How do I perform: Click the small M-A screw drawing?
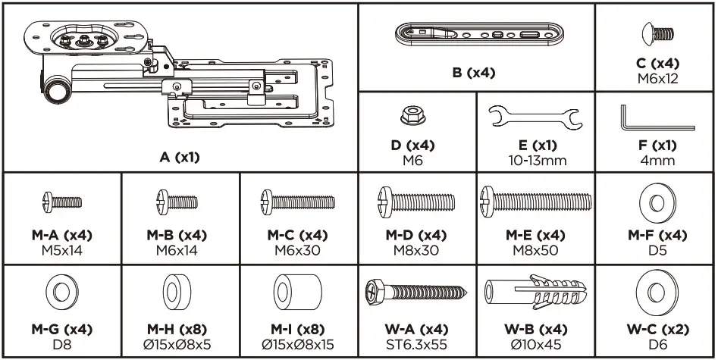click(62, 201)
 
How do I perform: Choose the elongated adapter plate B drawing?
click(476, 36)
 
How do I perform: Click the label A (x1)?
click(180, 158)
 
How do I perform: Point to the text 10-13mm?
click(535, 160)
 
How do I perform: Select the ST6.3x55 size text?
click(415, 344)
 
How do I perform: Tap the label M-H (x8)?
click(180, 330)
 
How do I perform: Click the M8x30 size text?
click(415, 250)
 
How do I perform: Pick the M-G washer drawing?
click(62, 293)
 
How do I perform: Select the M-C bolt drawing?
click(298, 202)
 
